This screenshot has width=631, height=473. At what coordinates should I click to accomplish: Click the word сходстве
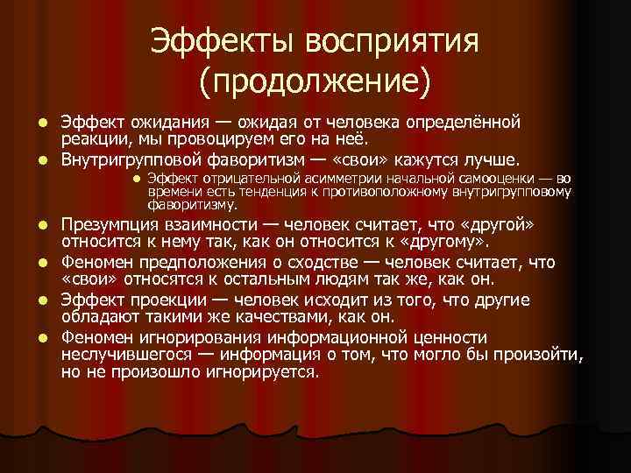click(x=325, y=262)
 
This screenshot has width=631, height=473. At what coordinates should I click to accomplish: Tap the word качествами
click(x=242, y=316)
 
